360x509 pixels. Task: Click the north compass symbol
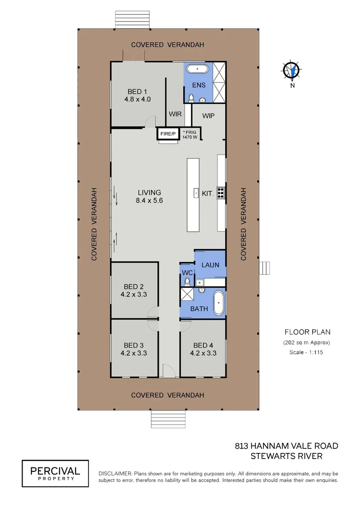point(292,70)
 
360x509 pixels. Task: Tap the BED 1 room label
point(137,92)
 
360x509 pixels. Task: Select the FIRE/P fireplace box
point(168,134)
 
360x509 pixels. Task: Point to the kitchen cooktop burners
point(221,193)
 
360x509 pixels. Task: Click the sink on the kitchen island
point(196,193)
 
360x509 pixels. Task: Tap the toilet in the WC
point(188,281)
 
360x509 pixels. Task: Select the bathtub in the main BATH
point(219,303)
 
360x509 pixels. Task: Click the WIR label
point(175,114)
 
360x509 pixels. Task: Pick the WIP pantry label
point(208,116)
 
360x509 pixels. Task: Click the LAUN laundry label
point(210,265)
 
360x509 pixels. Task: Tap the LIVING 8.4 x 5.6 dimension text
point(149,201)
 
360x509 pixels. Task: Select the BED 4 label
point(203,345)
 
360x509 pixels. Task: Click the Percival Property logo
point(55,473)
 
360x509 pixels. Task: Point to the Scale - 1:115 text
point(306,352)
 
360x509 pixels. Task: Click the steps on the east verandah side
point(264,268)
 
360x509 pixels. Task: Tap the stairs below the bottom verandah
point(169,419)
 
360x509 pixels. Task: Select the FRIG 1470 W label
point(190,135)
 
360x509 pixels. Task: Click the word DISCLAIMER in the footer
point(115,474)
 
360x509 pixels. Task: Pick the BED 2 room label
point(133,287)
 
